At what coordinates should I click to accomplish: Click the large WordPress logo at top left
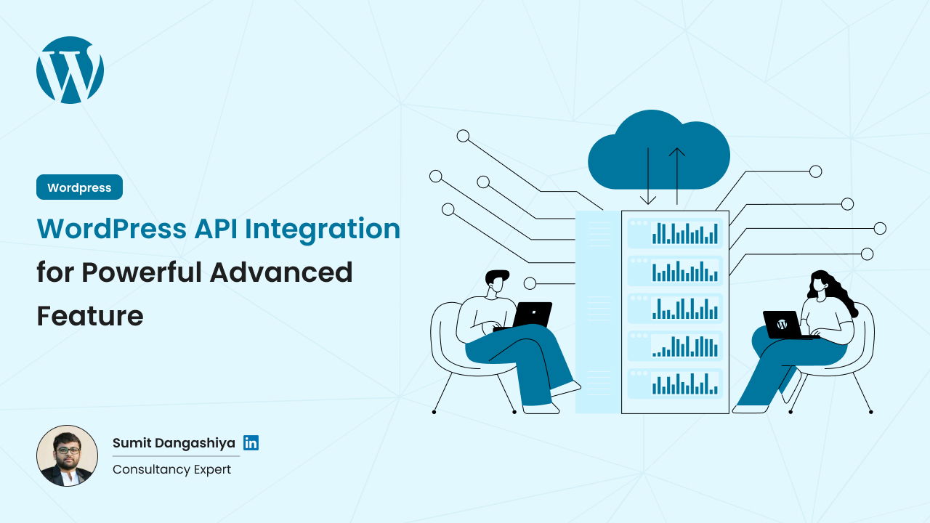(x=70, y=70)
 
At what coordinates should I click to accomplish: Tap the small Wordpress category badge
(x=79, y=187)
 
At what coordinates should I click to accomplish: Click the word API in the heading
(x=216, y=229)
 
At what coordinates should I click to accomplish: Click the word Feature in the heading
(x=89, y=316)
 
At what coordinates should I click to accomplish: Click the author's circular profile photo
(x=67, y=455)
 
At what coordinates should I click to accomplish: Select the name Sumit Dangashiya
(x=174, y=443)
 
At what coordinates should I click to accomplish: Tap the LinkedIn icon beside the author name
(x=251, y=443)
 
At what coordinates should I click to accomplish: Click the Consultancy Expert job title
(x=171, y=469)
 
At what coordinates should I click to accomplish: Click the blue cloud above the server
(x=658, y=153)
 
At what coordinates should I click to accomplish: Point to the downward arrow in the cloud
(x=647, y=178)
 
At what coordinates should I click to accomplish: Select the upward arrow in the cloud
(x=677, y=174)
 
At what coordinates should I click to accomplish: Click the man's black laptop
(x=532, y=315)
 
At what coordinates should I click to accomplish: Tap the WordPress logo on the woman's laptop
(x=782, y=324)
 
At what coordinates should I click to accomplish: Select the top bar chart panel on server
(x=675, y=232)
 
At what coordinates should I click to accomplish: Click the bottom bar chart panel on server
(x=675, y=384)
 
